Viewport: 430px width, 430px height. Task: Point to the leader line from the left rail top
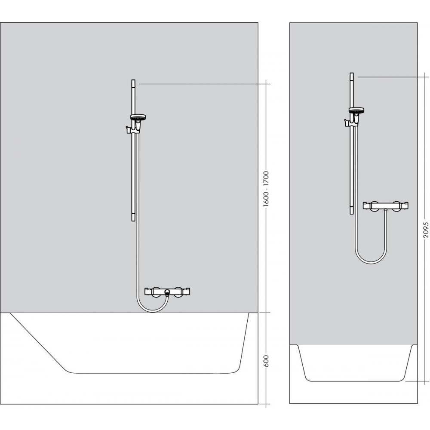click(202, 84)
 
